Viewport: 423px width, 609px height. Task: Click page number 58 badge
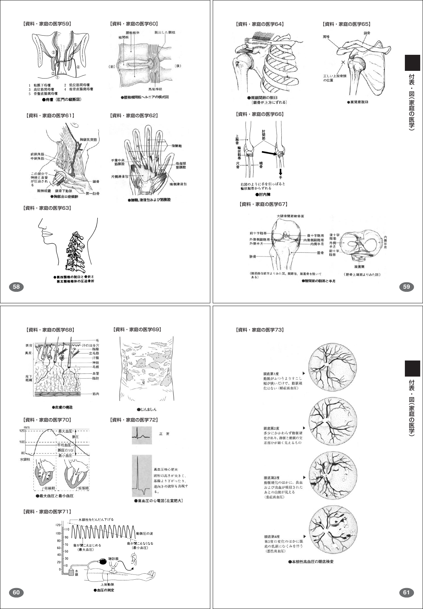tap(16, 287)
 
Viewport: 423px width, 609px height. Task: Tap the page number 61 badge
tap(406, 592)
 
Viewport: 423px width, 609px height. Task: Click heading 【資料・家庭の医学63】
tap(47, 208)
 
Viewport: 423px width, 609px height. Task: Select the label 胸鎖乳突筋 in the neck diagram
tap(89, 140)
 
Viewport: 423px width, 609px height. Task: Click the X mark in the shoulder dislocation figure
tap(343, 62)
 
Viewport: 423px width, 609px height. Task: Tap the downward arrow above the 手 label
tap(280, 172)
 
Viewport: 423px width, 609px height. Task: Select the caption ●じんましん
tap(146, 409)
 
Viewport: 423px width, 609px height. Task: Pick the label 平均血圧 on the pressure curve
tap(65, 445)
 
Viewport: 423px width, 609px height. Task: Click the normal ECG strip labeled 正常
tap(142, 435)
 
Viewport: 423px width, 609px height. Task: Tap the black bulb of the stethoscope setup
tap(104, 562)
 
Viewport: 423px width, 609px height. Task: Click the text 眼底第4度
tap(272, 536)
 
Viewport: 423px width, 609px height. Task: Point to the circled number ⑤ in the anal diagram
tap(75, 45)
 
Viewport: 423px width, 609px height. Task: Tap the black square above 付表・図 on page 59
tap(412, 63)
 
